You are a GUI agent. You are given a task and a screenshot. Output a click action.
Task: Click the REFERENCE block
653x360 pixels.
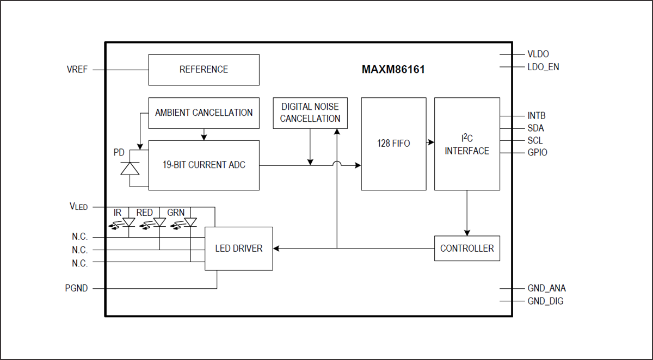[x=204, y=70]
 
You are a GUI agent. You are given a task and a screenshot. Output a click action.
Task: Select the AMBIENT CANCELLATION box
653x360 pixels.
[x=204, y=113]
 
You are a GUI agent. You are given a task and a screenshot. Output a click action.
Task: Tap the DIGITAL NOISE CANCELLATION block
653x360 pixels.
[x=310, y=113]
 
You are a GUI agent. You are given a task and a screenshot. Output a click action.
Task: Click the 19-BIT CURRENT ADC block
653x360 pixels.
[x=204, y=165]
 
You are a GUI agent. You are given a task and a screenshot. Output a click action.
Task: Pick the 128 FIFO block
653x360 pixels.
[x=393, y=144]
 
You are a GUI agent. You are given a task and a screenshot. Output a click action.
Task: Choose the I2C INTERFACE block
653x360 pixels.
[x=467, y=144]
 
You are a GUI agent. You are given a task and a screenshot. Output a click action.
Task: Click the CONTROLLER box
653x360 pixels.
[x=467, y=249]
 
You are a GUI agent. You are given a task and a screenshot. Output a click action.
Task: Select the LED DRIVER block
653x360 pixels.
[x=238, y=249]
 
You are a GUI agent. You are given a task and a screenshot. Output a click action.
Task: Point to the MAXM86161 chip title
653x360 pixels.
[x=393, y=70]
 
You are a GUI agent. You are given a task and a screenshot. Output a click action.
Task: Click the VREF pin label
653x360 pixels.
[x=77, y=70]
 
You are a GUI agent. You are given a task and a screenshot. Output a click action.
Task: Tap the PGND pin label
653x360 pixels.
[x=77, y=288]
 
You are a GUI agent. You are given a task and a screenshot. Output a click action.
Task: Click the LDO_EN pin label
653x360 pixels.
[x=543, y=67]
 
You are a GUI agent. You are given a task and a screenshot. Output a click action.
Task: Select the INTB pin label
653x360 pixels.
[x=536, y=116]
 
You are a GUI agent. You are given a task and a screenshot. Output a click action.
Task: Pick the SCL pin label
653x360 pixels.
[x=535, y=140]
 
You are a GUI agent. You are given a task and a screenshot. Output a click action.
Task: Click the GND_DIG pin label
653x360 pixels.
[x=545, y=301]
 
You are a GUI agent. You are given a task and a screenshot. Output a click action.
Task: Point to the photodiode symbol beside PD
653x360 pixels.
[x=130, y=168]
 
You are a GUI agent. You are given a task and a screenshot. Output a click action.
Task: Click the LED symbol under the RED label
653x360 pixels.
[x=159, y=222]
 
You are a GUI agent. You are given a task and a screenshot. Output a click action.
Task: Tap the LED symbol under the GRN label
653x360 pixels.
[x=190, y=222]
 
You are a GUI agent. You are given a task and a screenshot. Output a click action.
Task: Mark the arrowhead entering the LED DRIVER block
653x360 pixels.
[x=276, y=249]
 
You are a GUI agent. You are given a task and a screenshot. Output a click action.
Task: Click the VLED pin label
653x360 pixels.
[x=78, y=207]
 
